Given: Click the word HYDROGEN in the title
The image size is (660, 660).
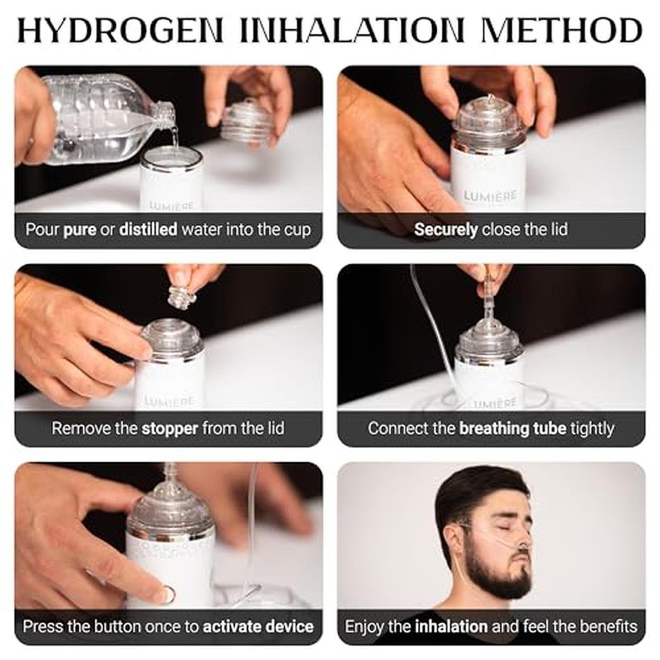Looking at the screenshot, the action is click(x=120, y=30).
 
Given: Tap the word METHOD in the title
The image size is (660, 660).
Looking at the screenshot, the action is click(x=562, y=30).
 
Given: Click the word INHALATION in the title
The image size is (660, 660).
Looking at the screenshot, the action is click(x=352, y=30).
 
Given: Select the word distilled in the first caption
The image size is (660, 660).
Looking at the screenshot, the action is click(x=148, y=230).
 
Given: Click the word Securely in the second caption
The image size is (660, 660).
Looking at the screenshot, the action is click(x=445, y=230).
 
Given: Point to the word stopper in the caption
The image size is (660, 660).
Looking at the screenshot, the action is click(x=170, y=429).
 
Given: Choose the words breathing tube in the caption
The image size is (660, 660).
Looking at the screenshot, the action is click(x=513, y=428).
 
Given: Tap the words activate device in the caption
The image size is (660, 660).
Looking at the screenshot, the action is click(x=259, y=626).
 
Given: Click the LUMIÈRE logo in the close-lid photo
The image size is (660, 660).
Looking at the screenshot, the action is click(x=490, y=196).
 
